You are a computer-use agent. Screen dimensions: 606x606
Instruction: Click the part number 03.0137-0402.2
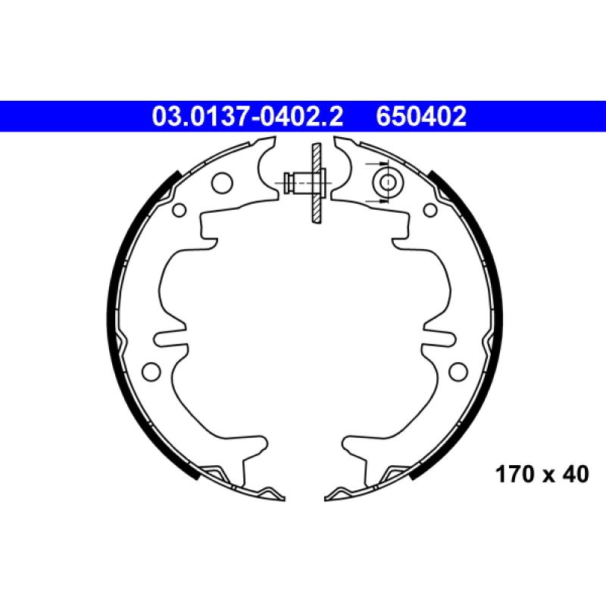[x=248, y=117]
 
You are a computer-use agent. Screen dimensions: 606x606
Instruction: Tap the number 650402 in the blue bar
[x=421, y=117]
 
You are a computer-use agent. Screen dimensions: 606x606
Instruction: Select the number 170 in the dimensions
[x=515, y=474]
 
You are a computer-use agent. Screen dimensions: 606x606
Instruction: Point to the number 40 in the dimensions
[x=576, y=474]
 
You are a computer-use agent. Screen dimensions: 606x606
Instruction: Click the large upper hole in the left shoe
[x=222, y=183]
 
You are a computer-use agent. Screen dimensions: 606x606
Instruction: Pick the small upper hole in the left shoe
[x=180, y=211]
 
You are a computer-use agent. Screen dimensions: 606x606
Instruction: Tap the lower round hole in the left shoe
[x=151, y=371]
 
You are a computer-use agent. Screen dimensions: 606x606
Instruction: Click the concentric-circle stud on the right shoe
[x=388, y=183]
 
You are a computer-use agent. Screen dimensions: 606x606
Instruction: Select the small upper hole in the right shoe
[x=430, y=211]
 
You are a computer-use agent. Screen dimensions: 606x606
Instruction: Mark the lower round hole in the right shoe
[x=458, y=371]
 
